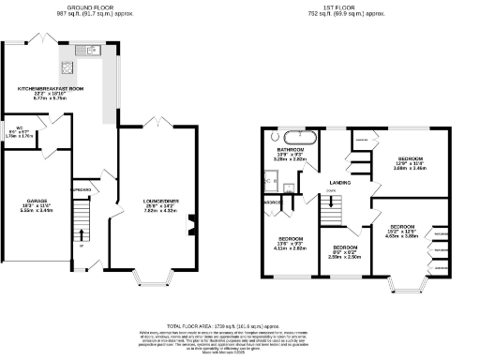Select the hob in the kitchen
pos(67,67)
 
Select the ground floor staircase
pos(82,225)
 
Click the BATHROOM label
pos(290,150)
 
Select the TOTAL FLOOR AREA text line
pos(240,324)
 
